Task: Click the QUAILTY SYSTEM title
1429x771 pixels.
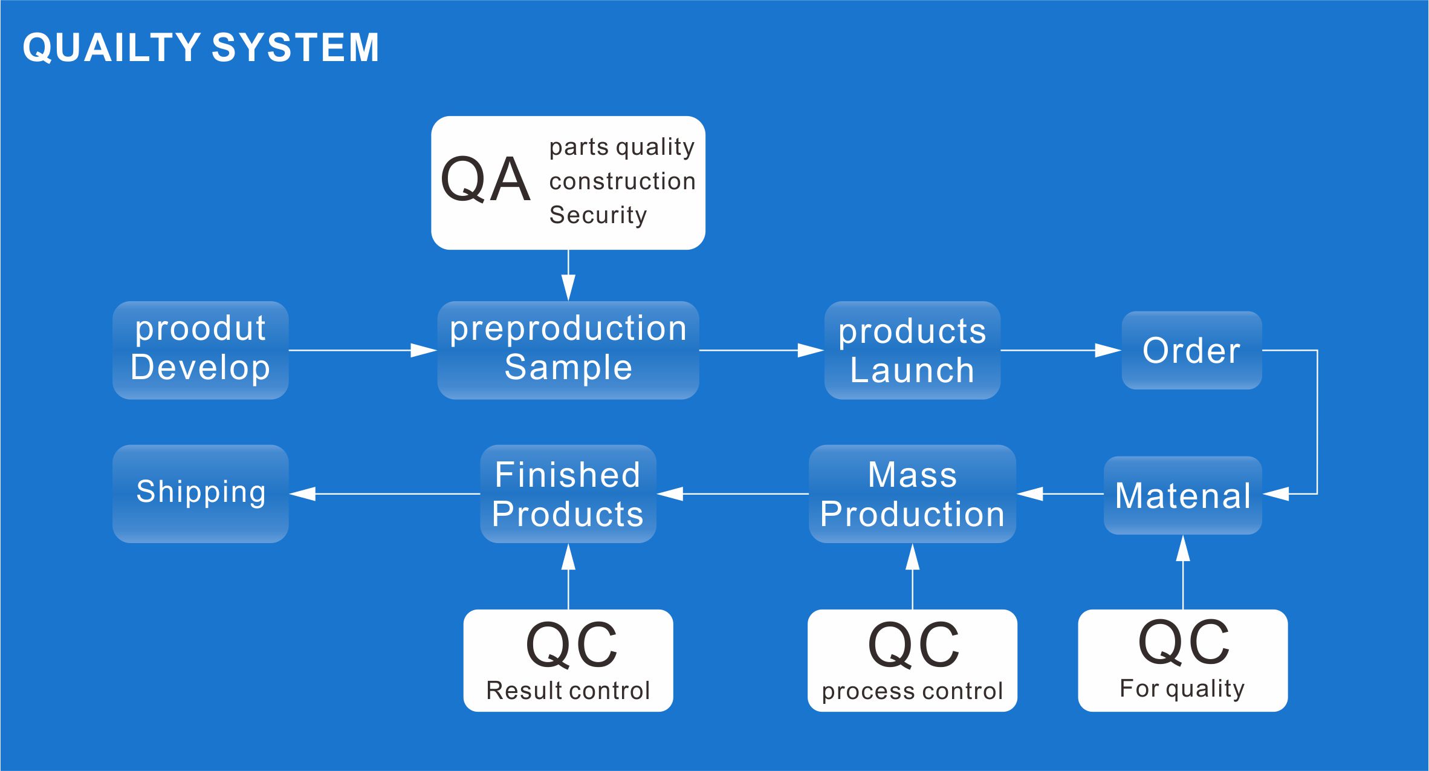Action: pyautogui.click(x=201, y=47)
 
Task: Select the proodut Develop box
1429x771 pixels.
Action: pyautogui.click(x=200, y=350)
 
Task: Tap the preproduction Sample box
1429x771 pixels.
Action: pyautogui.click(x=568, y=350)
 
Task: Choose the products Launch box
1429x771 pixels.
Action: pyautogui.click(x=912, y=350)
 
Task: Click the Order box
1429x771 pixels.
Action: pyautogui.click(x=1191, y=350)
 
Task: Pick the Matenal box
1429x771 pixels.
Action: pyautogui.click(x=1182, y=495)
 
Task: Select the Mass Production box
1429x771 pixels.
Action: pyautogui.click(x=912, y=494)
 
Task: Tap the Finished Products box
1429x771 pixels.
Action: pyautogui.click(x=568, y=494)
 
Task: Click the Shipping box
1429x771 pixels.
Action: pyautogui.click(x=200, y=493)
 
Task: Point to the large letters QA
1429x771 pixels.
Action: pyautogui.click(x=485, y=180)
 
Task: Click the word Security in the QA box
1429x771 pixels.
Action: pyautogui.click(x=598, y=215)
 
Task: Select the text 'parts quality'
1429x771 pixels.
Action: pyautogui.click(x=622, y=147)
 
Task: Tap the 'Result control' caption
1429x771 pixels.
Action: pyautogui.click(x=568, y=690)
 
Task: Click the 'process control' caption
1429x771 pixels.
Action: pyautogui.click(x=912, y=691)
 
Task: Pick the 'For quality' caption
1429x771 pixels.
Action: pyautogui.click(x=1182, y=688)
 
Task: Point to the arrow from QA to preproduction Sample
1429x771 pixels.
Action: pyautogui.click(x=568, y=275)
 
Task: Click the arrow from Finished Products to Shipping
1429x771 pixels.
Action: pyautogui.click(x=384, y=494)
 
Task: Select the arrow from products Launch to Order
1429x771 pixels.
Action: pyautogui.click(x=1060, y=350)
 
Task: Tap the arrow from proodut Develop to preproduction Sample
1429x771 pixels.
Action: pyautogui.click(x=362, y=350)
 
